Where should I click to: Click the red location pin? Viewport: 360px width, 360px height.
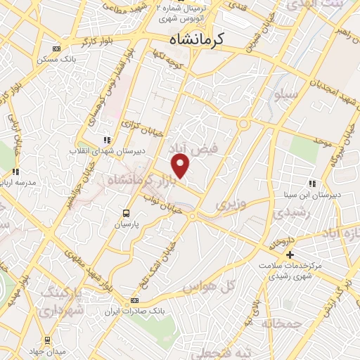(181, 166)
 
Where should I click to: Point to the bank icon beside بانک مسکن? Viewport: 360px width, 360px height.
(56, 49)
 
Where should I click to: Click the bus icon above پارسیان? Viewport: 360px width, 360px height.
(125, 213)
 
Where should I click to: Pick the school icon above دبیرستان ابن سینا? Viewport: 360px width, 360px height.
(313, 184)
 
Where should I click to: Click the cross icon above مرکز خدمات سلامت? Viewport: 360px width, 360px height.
(289, 254)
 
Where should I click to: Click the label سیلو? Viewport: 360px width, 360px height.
(289, 94)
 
